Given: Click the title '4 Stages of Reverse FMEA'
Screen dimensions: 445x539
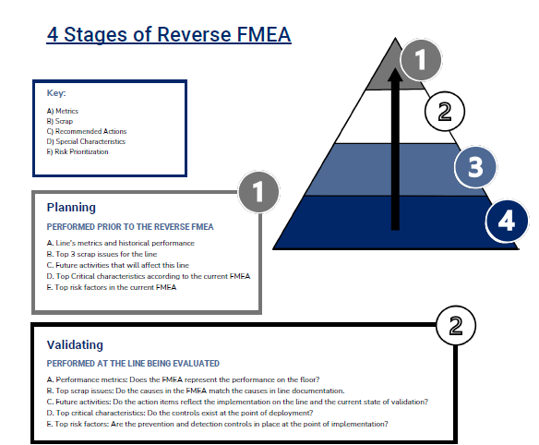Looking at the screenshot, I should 169,35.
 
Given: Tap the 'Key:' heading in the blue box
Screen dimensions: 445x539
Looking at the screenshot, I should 55,93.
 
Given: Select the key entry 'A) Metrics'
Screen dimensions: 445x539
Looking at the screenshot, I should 63,111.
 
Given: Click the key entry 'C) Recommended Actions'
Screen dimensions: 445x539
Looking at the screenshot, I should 86,131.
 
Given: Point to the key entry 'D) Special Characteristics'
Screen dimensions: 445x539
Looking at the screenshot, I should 86,141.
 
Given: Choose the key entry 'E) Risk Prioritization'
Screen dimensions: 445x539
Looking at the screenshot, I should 78,151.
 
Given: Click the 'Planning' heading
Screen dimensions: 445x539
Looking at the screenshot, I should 71,208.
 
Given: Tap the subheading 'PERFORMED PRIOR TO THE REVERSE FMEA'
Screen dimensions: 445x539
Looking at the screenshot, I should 129,225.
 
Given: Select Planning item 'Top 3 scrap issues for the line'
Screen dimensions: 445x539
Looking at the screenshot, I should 110,253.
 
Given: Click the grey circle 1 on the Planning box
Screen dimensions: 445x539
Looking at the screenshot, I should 258,192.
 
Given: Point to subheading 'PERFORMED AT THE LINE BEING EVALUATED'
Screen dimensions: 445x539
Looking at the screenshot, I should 133,363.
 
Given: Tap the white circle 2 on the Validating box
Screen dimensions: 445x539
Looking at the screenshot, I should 454,325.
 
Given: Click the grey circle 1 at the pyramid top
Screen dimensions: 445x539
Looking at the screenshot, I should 421,61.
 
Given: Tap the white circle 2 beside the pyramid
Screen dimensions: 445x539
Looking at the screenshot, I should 444,113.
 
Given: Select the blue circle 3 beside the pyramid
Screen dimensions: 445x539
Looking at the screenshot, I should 475,168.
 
